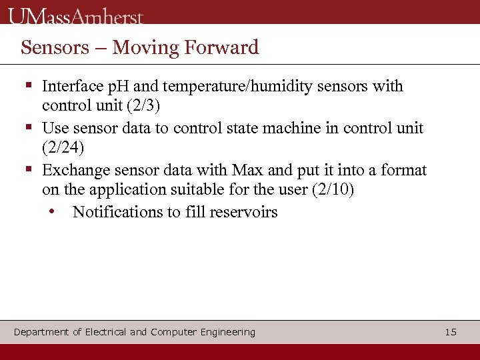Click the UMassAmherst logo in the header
click(76, 15)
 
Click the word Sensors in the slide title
click(54, 47)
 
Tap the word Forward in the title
click(221, 47)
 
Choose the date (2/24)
click(63, 147)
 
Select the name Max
click(247, 170)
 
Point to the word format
click(403, 170)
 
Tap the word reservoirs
click(243, 212)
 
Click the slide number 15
click(451, 332)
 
